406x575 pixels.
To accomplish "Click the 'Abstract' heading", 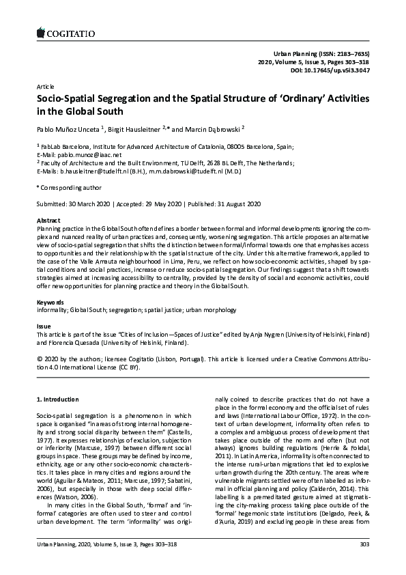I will (x=48, y=221).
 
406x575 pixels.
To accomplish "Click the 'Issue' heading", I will (x=43, y=327).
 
